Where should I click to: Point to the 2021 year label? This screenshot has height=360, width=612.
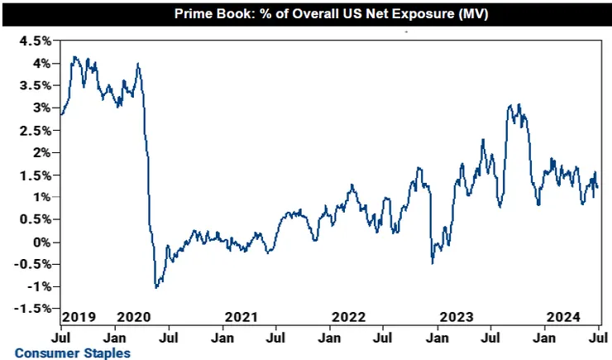[241, 316]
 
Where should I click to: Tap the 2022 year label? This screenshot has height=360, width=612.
[348, 316]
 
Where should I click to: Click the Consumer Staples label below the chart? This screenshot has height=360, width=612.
[72, 353]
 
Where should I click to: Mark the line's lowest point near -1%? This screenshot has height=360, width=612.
[156, 287]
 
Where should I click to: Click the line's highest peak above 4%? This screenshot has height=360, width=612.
[74, 57]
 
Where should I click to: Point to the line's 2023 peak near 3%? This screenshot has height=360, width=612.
[519, 105]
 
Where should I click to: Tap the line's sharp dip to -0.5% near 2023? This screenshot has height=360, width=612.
[433, 263]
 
